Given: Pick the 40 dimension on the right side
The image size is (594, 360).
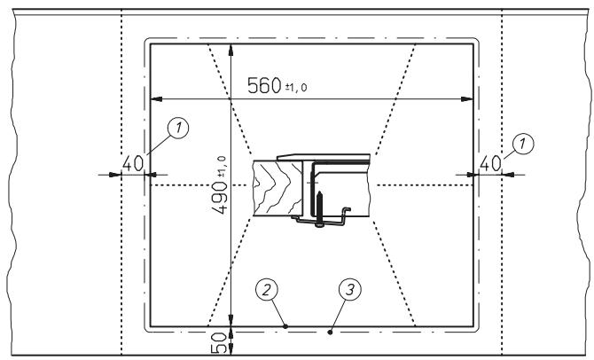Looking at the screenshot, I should pyautogui.click(x=489, y=163).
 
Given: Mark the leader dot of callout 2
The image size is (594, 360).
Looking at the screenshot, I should pyautogui.click(x=285, y=326).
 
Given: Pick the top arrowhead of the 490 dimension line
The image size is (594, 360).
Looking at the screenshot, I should pyautogui.click(x=231, y=48).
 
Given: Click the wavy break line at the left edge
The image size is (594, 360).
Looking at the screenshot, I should pyautogui.click(x=10, y=177).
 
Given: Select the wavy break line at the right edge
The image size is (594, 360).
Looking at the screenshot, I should pyautogui.click(x=585, y=177).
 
